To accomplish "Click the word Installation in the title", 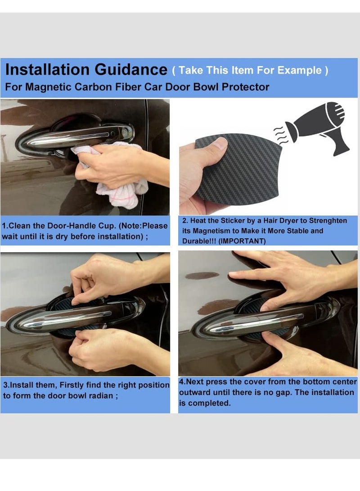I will pos(47,70).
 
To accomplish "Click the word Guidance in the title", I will pos(131,70).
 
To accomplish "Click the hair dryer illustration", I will pos(320,126).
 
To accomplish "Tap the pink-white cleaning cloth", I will pos(115,180).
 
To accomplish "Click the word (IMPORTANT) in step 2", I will pos(242,241).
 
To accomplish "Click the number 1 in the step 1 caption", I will pos(4,226).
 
